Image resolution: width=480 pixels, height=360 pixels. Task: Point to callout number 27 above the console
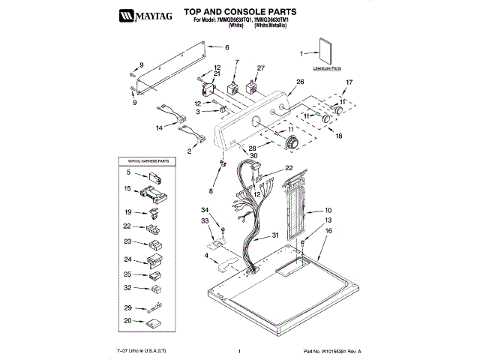[x=260, y=69]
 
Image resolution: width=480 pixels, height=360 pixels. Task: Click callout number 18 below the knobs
[x=338, y=136]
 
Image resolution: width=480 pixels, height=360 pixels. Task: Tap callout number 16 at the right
[x=328, y=232]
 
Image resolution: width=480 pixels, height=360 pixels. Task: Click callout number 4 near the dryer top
[x=205, y=257]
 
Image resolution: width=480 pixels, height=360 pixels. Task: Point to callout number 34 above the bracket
[x=204, y=209]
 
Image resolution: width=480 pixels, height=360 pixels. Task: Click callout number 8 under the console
[x=211, y=192]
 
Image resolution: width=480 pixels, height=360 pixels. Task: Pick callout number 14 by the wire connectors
[x=159, y=128]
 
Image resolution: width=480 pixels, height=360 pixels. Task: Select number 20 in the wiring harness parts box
[x=127, y=320]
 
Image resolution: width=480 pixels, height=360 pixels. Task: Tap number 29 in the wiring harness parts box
[x=127, y=307]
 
